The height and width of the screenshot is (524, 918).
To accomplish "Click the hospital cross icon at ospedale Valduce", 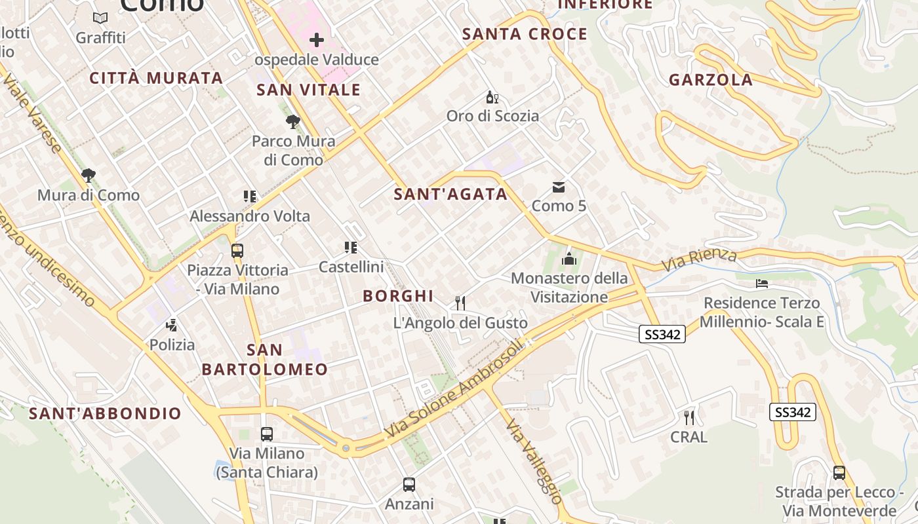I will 317,40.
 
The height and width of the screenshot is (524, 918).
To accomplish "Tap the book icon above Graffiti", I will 100,18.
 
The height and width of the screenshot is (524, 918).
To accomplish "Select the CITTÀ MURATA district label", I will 156,78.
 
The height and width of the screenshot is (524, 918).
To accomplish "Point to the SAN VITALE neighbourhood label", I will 308,90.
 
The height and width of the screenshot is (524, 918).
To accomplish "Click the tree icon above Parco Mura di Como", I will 293,121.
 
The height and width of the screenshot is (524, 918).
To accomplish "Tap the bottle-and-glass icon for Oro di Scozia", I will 492,98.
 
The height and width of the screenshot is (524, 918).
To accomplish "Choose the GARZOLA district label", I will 710,80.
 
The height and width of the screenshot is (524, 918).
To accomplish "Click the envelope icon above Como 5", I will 559,187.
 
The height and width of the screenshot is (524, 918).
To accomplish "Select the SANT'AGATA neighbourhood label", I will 450,194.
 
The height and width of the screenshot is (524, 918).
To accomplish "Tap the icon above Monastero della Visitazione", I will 569,259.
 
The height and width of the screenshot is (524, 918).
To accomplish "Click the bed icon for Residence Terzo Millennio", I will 761,284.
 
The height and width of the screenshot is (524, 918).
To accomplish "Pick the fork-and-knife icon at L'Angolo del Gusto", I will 460,303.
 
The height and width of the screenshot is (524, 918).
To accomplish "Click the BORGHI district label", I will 398,296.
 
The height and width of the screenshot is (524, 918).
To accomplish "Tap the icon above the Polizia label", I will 172,324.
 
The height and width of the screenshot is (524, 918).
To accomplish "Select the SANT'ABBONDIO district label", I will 105,413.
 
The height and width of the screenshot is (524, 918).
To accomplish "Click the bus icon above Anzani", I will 409,485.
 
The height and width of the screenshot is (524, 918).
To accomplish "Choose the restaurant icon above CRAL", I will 688,417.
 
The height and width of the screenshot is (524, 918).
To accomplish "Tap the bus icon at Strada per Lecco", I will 839,472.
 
